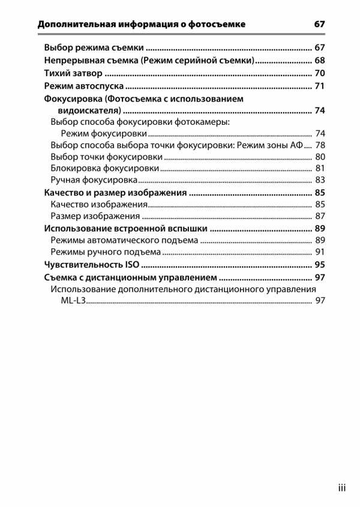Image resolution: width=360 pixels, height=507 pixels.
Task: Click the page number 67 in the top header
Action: (x=319, y=25)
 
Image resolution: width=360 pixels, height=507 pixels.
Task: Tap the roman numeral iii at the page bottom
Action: (x=341, y=488)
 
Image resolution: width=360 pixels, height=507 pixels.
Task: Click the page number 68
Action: (x=319, y=61)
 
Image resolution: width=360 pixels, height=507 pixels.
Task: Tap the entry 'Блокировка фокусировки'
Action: (x=105, y=169)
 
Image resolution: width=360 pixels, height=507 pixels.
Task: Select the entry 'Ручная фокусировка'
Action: (x=95, y=180)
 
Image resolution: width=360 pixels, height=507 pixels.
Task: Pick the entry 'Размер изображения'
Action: (x=95, y=216)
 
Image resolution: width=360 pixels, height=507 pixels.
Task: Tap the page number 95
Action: (x=319, y=265)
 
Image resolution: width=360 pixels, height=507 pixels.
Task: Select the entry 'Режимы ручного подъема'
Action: (x=106, y=252)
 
